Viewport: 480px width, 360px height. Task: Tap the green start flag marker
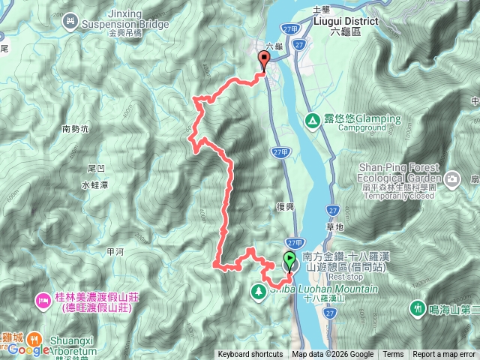(x=290, y=262)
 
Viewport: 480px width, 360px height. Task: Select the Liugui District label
(x=356, y=21)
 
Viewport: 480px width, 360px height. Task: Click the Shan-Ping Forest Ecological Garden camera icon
(x=452, y=178)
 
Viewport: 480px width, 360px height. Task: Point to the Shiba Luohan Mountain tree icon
(x=258, y=289)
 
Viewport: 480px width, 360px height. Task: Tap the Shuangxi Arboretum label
(x=72, y=346)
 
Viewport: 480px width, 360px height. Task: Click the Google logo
(x=28, y=349)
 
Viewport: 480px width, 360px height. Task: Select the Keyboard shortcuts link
(x=250, y=355)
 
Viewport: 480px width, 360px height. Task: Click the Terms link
(x=393, y=355)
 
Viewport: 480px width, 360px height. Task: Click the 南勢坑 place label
(x=75, y=129)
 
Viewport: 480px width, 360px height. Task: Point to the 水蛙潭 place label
(x=95, y=184)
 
